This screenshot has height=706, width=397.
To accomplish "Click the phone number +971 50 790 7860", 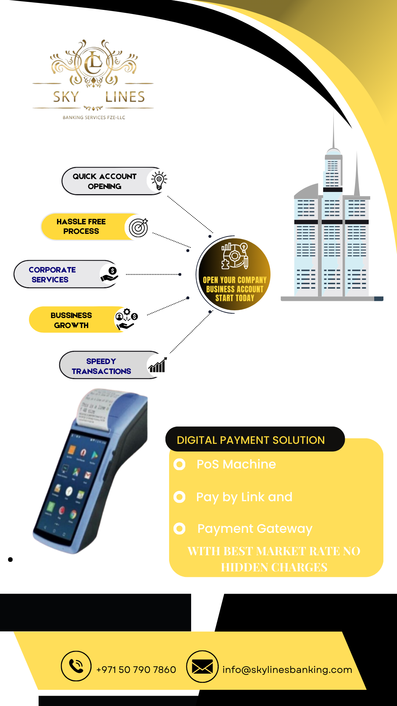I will tap(136, 670).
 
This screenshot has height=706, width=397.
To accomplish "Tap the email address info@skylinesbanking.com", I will tap(287, 670).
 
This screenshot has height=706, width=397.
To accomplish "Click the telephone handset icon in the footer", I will tap(76, 666).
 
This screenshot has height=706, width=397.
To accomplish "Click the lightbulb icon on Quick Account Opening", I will tap(159, 181).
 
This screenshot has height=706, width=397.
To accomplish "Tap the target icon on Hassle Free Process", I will tap(139, 227).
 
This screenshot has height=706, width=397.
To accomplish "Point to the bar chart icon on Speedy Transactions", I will tap(157, 365).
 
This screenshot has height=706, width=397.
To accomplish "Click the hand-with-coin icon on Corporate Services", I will tap(110, 274).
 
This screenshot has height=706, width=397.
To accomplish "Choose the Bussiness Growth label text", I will tap(71, 320).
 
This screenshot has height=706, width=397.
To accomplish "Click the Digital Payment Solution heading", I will tap(251, 440).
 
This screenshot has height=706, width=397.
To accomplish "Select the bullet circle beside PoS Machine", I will tap(179, 464).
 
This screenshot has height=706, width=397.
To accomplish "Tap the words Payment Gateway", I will tap(255, 529).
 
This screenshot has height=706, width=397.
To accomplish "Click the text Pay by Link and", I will tap(244, 497).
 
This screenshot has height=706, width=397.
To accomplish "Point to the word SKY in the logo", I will tap(66, 97).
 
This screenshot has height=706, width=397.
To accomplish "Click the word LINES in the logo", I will tap(125, 97).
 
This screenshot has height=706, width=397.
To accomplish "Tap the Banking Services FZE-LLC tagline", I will tap(94, 118).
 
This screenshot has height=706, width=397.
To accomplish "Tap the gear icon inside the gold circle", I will tap(235, 255).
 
